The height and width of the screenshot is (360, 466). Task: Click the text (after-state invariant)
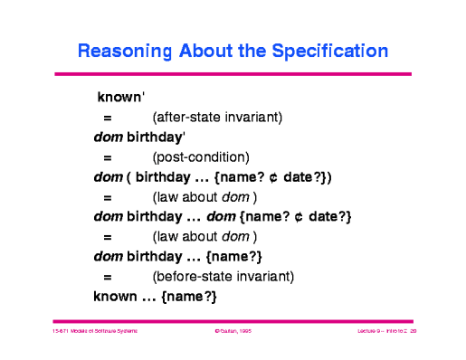coord(218,117)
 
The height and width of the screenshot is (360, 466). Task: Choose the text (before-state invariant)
coord(223,276)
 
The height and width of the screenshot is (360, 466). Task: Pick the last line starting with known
coord(156,296)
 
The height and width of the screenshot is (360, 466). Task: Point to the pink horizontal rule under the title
coord(233,73)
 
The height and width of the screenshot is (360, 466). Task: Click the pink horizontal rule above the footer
coord(233,319)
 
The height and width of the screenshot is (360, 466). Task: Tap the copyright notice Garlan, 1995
coord(232,333)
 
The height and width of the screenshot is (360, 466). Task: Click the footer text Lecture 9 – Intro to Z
coord(376,333)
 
